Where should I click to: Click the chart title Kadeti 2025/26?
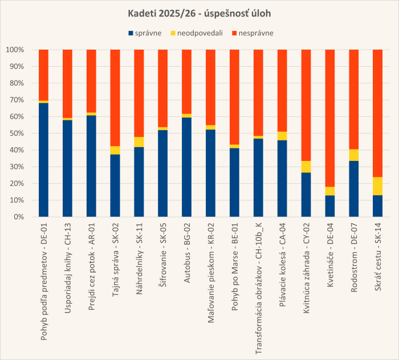point(199,13)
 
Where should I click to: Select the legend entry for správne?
point(147,33)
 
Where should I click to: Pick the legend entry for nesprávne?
point(254,33)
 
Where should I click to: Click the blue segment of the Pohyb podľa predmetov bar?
point(43,160)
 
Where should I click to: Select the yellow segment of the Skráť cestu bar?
point(377,186)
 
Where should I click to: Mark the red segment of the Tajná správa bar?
point(115,98)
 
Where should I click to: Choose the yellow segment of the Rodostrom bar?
point(353,155)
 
